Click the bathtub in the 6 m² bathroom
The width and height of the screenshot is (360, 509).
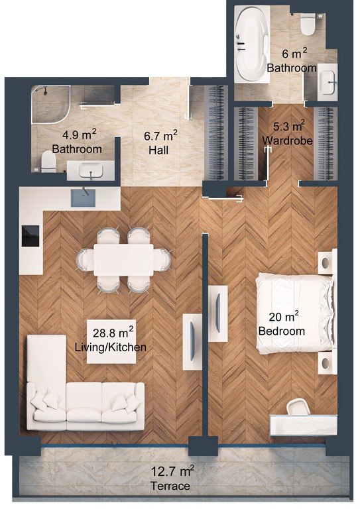pyautogui.click(x=252, y=44)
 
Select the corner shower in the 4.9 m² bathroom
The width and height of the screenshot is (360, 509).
pyautogui.click(x=50, y=105)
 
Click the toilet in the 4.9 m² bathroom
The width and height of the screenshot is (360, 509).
pyautogui.click(x=48, y=162)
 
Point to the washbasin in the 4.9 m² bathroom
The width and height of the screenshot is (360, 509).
pyautogui.click(x=91, y=170)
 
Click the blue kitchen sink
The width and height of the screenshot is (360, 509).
pyautogui.click(x=83, y=197)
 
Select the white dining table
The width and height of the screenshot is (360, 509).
pyautogui.click(x=124, y=260)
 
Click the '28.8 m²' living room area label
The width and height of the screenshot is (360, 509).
pyautogui.click(x=113, y=333)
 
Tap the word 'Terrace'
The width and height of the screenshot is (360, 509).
pyautogui.click(x=170, y=486)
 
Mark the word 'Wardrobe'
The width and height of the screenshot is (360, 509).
pyautogui.click(x=288, y=141)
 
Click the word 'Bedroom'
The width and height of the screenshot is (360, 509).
pyautogui.click(x=282, y=331)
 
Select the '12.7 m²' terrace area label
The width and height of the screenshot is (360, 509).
pyautogui.click(x=173, y=471)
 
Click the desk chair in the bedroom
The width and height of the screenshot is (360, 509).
pyautogui.click(x=298, y=407)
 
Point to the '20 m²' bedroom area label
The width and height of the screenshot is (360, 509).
pyautogui.click(x=284, y=316)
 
